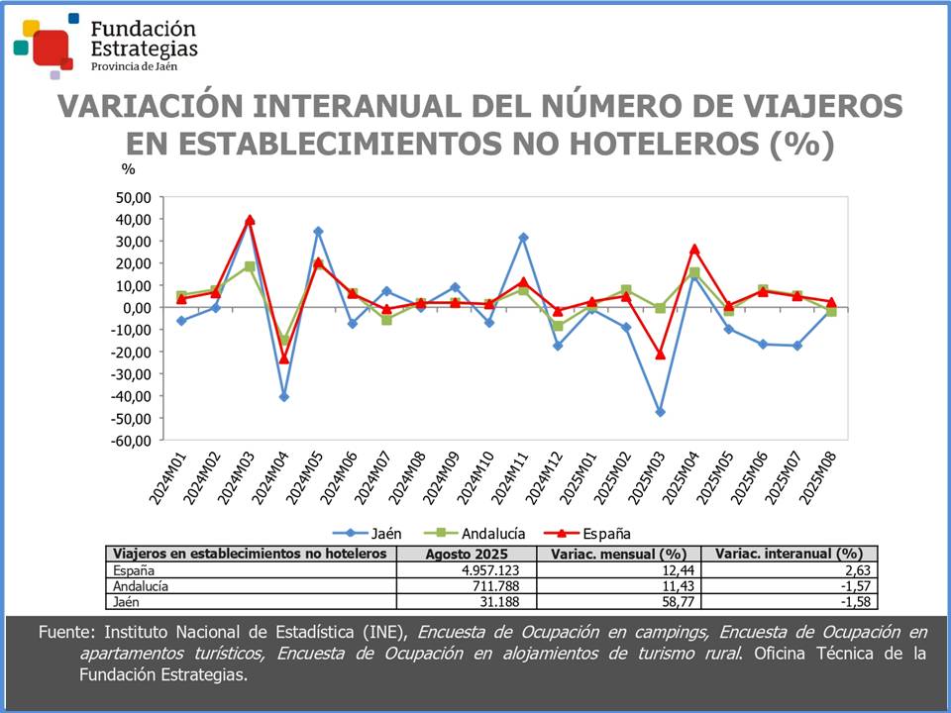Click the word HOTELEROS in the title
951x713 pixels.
click(x=653, y=144)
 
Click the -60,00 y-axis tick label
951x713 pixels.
click(x=129, y=441)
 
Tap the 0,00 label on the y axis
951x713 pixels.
click(x=136, y=308)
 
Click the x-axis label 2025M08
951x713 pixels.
click(x=818, y=479)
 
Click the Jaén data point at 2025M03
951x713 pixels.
click(x=660, y=412)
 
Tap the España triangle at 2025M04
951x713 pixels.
click(x=694, y=249)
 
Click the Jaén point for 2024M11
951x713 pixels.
click(x=523, y=238)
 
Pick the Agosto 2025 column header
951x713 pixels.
click(x=465, y=554)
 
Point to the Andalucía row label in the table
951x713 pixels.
click(x=142, y=586)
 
